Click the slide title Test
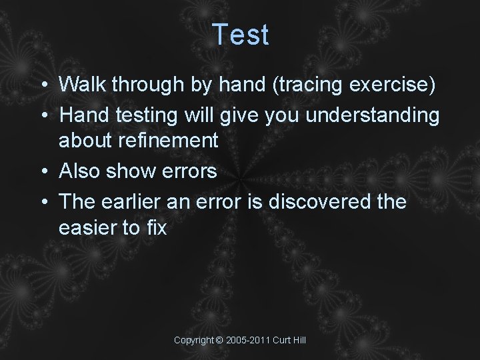241,35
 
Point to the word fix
155,227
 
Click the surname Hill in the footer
297,340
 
